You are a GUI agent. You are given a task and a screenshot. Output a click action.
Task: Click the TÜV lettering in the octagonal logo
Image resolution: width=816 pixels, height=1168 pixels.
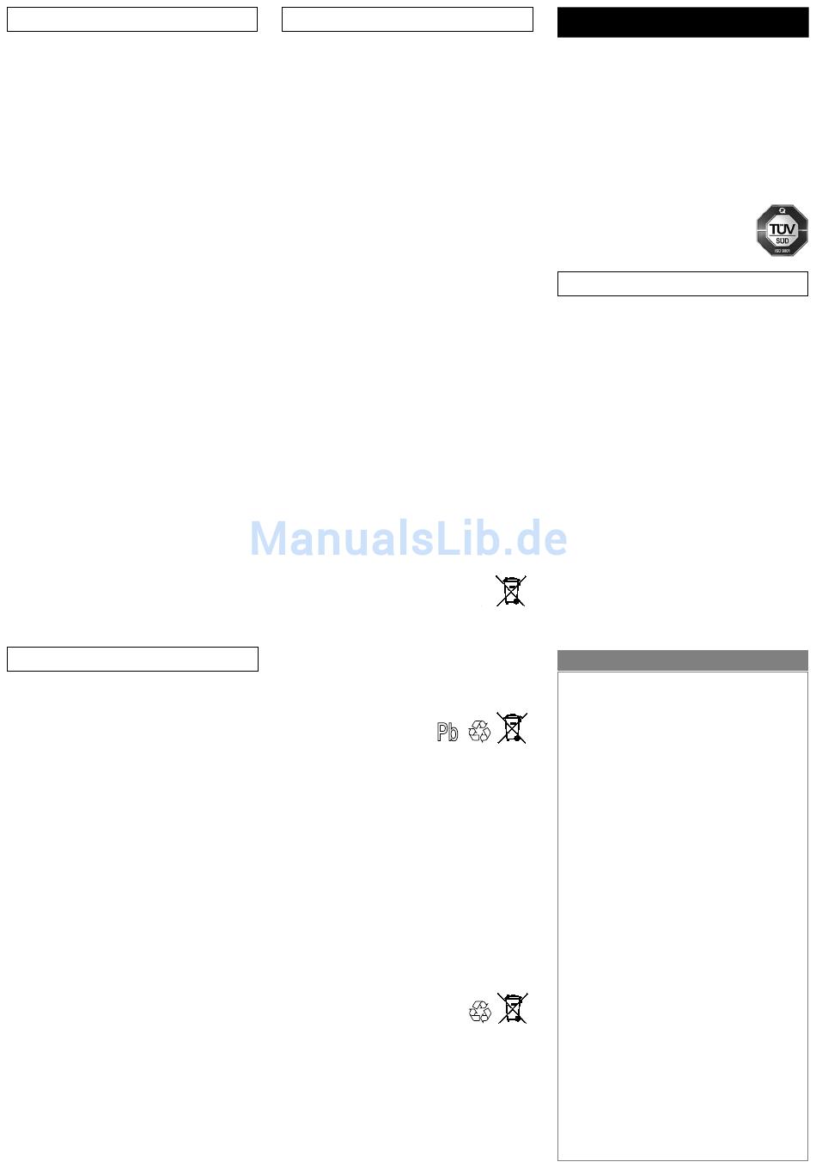pos(782,229)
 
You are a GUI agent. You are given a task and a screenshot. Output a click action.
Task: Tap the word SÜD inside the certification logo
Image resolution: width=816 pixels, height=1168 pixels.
pos(782,241)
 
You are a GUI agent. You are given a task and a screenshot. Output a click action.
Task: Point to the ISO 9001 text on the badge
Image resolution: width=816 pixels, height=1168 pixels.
pos(782,250)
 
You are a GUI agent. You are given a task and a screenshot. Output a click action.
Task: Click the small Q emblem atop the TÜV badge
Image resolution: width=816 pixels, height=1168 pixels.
pos(782,210)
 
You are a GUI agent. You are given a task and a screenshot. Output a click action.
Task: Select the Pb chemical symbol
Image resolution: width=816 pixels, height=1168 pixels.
pos(448,732)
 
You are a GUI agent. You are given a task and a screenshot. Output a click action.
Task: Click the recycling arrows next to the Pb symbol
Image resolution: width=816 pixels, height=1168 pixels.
pos(480,731)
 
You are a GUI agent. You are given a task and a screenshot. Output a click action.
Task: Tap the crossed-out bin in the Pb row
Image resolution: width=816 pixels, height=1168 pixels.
pos(512,728)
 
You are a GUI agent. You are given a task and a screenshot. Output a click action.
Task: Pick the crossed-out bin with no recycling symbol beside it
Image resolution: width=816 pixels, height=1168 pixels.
pos(511,591)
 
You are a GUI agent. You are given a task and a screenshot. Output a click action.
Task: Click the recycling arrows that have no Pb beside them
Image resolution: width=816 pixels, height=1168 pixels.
pos(480,1012)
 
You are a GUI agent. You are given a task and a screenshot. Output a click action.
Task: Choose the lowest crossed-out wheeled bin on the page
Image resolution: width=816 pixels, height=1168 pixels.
pos(512,1008)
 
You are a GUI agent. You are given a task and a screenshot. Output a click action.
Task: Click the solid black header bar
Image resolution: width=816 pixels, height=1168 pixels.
pos(682,22)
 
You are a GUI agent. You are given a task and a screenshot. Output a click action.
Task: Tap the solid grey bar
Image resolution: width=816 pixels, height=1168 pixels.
pos(682,660)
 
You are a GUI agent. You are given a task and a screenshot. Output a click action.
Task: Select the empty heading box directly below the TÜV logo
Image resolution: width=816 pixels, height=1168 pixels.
pos(682,283)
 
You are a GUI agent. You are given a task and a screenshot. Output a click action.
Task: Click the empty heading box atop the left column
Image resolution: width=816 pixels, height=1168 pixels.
pos(132,20)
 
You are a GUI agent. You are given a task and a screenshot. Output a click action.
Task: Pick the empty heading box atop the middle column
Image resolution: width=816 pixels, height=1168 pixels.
pos(407,20)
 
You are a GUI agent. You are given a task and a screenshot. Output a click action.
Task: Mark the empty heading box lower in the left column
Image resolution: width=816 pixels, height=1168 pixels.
pos(132,659)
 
